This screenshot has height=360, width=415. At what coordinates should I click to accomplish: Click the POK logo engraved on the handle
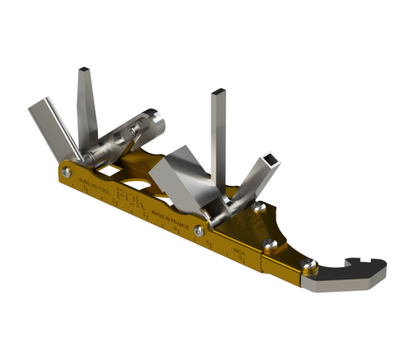130,196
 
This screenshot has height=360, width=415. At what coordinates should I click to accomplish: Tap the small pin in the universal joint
133,132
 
